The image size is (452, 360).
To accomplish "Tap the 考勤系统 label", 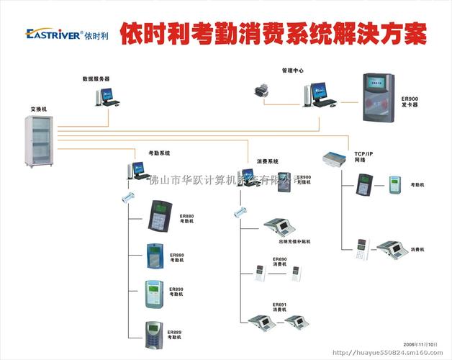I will [159, 153].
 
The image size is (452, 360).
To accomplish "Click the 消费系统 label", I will [267, 161].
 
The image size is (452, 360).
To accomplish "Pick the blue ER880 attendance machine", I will [155, 256].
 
